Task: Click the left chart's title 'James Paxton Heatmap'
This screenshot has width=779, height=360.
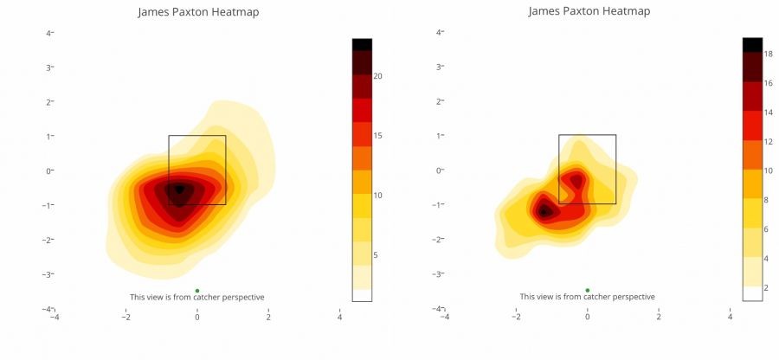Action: [x=198, y=13]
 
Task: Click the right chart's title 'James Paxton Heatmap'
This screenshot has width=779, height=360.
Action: [x=589, y=11]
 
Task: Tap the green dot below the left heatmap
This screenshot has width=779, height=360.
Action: [x=197, y=291]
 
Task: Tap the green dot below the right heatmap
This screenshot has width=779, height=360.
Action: [x=588, y=291]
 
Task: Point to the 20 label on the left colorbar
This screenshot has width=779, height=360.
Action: [x=378, y=76]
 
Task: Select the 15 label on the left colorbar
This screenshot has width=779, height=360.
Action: [x=378, y=136]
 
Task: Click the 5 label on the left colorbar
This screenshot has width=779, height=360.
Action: [x=376, y=255]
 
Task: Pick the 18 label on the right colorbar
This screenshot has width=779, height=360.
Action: [x=768, y=54]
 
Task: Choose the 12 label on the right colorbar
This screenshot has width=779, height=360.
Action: [x=768, y=141]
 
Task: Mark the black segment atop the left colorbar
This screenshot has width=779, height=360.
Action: [x=362, y=44]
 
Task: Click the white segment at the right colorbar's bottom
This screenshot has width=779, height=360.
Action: [x=753, y=292]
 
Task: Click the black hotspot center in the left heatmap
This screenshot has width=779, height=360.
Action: [x=179, y=189]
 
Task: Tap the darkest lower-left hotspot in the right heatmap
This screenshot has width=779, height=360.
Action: [x=544, y=210]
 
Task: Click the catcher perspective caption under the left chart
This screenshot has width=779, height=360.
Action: [x=197, y=298]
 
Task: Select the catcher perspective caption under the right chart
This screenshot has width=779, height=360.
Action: [x=588, y=298]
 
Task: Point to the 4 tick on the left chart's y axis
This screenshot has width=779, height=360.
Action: [x=49, y=33]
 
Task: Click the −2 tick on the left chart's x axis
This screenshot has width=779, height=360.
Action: [x=126, y=317]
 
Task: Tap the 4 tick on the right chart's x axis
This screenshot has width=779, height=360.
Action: [x=731, y=317]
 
